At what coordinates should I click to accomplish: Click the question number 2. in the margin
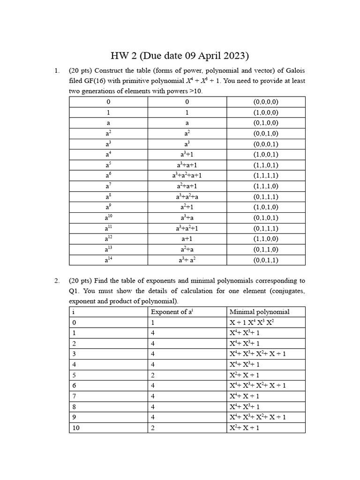(57, 281)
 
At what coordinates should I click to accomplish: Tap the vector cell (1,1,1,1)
(266, 176)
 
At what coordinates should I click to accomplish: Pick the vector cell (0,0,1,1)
(266, 260)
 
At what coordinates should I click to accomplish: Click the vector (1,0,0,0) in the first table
(266, 112)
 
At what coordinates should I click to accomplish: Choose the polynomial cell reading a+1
(187, 239)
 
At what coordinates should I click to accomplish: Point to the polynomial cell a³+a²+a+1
(187, 176)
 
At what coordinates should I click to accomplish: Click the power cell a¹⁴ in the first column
(108, 260)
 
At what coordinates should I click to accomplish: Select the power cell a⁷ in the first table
(108, 186)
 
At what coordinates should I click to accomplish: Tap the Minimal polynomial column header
(259, 312)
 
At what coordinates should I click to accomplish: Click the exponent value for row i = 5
(153, 375)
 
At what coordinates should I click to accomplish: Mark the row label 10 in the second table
(76, 427)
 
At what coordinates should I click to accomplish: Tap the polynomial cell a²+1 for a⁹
(187, 207)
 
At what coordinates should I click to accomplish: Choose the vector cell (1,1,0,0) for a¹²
(266, 239)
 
